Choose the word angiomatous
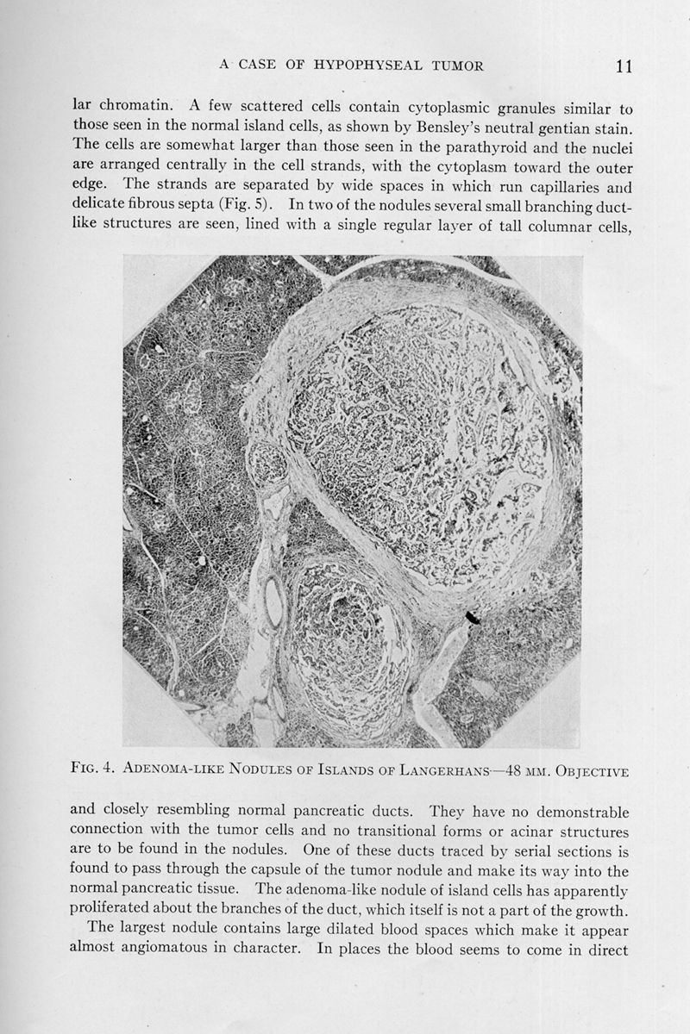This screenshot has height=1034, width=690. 116,950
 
